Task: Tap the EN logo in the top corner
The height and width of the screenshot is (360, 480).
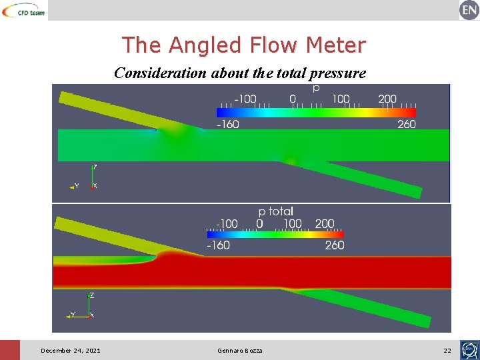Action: coord(469,10)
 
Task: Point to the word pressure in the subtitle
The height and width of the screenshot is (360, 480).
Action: coord(335,73)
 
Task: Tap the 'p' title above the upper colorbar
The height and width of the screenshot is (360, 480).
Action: coord(315,87)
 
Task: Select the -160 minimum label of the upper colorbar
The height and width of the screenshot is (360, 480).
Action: coord(227,124)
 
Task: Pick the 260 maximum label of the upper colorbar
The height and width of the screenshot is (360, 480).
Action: coord(406,124)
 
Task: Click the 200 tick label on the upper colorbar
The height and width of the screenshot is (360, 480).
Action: coord(387,99)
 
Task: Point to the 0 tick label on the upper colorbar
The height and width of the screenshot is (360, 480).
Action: coord(293,99)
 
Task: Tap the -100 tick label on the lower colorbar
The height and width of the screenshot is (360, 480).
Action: coord(227,223)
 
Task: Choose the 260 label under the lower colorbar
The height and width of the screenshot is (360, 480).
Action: coord(335,245)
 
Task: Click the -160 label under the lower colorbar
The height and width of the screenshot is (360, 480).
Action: coord(217,245)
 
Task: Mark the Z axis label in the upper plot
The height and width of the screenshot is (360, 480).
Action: coord(95,167)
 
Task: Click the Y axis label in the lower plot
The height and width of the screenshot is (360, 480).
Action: coord(73,315)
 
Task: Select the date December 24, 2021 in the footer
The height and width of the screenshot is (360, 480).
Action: coord(71,351)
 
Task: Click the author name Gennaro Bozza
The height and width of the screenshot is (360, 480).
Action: coord(240,351)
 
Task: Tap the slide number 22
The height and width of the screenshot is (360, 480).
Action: coord(447,351)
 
